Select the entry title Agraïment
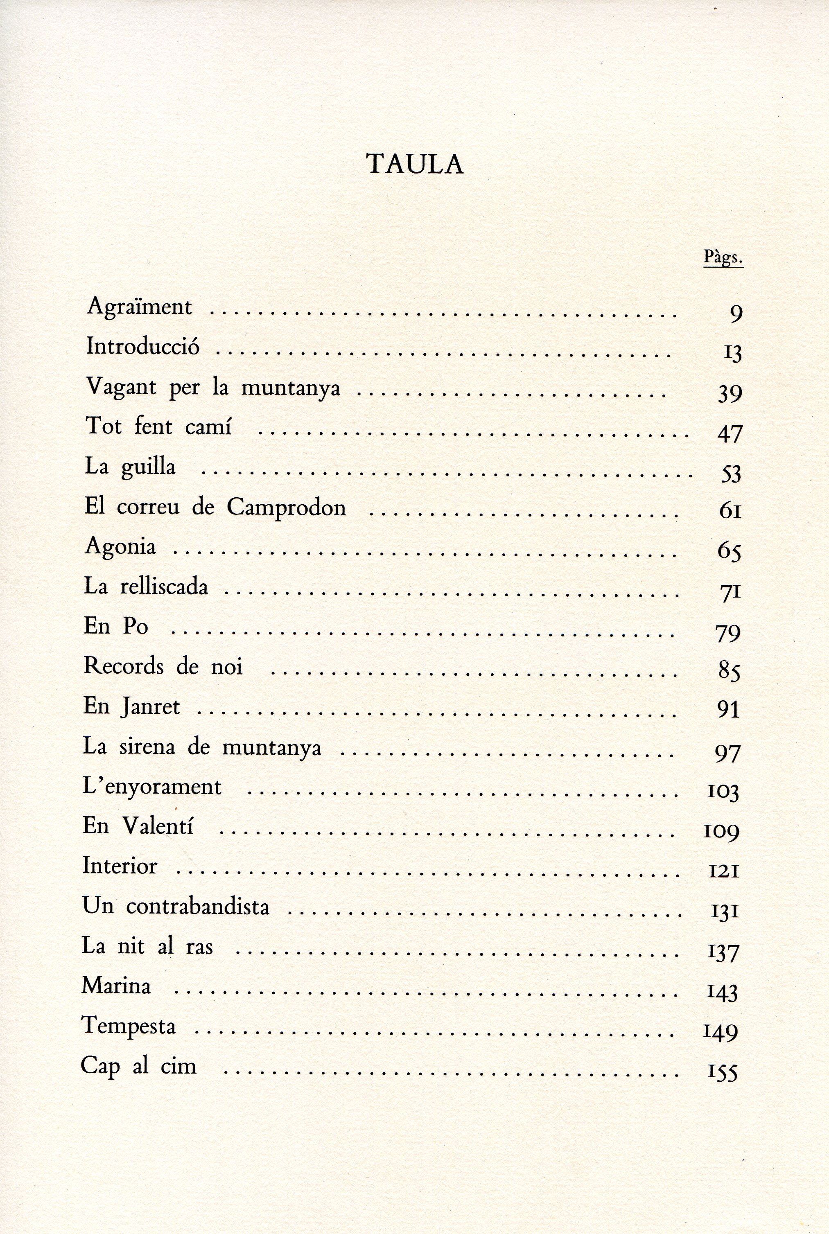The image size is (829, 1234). click(x=140, y=307)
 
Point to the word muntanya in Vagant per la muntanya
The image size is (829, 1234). click(x=291, y=388)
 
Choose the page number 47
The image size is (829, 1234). click(x=730, y=433)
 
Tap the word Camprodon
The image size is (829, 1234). click(x=287, y=508)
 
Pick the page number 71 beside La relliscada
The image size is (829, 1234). click(x=730, y=592)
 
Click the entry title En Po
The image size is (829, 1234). click(x=116, y=626)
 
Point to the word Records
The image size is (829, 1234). click(x=124, y=666)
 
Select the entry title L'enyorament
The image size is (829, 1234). click(x=152, y=787)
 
